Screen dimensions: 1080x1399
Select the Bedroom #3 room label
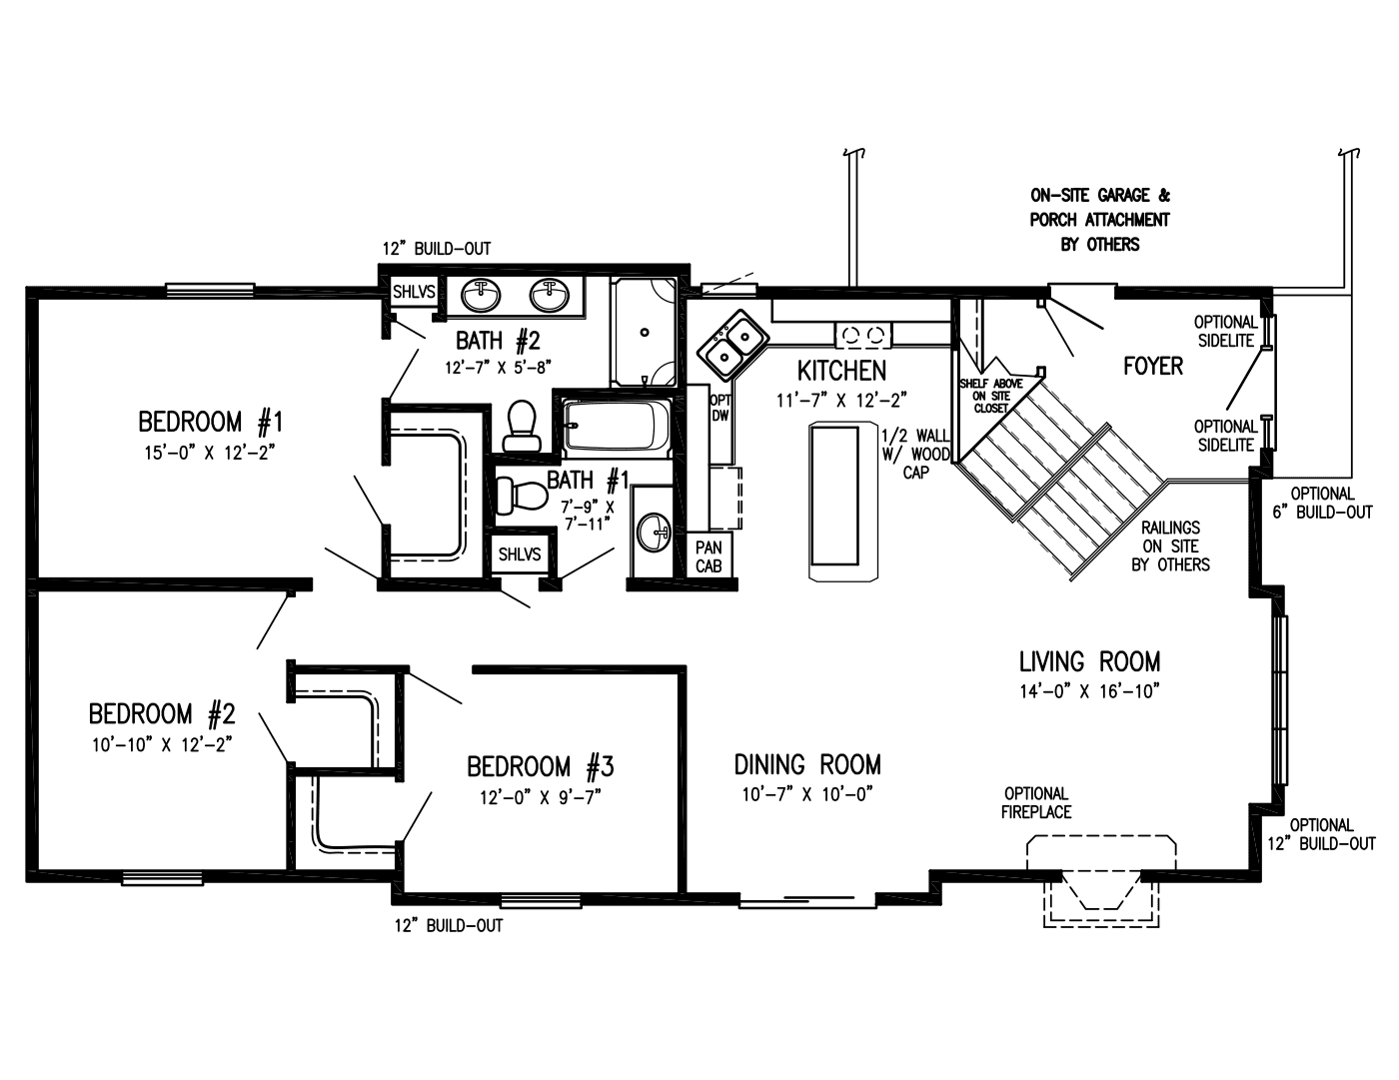point(540,767)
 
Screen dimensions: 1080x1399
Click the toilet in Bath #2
point(520,427)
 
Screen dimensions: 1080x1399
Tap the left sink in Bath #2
point(482,295)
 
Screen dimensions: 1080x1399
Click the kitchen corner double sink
point(732,342)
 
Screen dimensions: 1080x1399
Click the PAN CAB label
point(708,556)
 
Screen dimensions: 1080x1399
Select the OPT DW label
point(719,408)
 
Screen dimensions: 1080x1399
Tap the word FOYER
point(1152,367)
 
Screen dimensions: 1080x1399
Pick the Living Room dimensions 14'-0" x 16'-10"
point(1089,690)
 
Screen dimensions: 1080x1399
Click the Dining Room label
point(807,765)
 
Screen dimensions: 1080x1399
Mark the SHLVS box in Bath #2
point(413,293)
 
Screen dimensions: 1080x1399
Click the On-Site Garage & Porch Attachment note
point(1099,220)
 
